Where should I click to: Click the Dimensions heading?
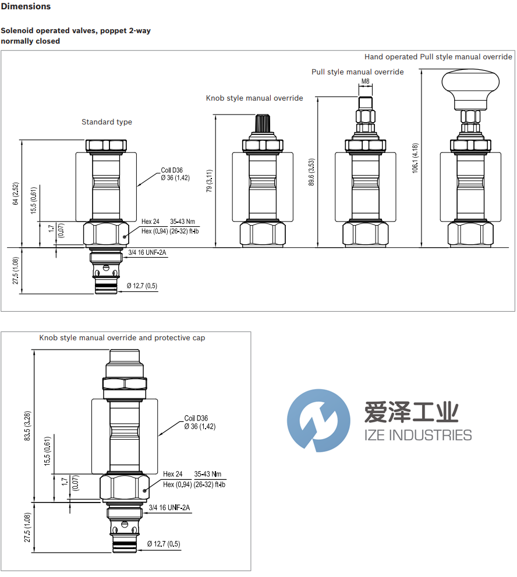click(x=26, y=6)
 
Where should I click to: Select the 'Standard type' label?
click(x=107, y=122)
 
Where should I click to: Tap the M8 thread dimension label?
click(x=365, y=81)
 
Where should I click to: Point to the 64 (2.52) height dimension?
click(x=16, y=194)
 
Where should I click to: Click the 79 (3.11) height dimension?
click(x=210, y=180)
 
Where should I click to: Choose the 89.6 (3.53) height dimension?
click(x=311, y=172)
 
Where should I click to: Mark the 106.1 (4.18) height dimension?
click(x=415, y=158)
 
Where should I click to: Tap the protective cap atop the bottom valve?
click(x=125, y=357)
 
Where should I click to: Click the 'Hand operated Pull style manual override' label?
click(x=438, y=56)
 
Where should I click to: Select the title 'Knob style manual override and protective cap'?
click(x=122, y=337)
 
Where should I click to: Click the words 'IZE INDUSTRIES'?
click(x=417, y=435)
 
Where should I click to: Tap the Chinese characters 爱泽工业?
click(x=411, y=413)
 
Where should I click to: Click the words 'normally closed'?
click(x=30, y=41)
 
